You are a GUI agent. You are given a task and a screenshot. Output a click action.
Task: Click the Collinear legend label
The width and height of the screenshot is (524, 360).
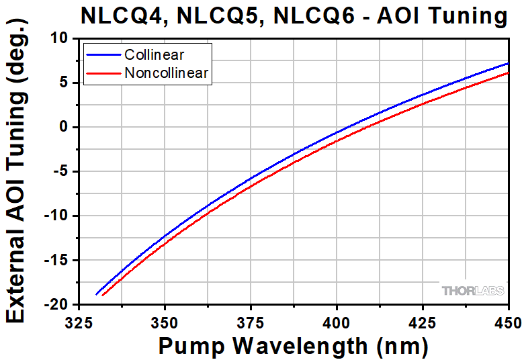click(154, 55)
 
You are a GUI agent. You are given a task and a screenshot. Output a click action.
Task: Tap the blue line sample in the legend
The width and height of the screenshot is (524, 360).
click(103, 55)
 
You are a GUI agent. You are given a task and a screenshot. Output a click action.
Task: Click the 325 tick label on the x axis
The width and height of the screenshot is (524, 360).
click(79, 320)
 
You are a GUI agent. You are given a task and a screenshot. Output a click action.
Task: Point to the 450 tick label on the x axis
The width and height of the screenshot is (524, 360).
click(507, 320)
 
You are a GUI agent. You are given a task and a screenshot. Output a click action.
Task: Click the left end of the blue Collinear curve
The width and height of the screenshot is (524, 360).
click(97, 294)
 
